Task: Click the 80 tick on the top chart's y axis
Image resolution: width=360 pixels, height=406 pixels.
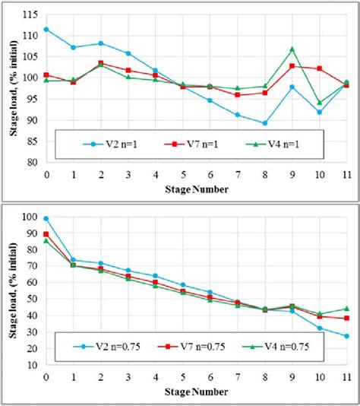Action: click(30, 162)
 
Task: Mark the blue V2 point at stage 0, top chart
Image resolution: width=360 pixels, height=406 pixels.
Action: click(46, 29)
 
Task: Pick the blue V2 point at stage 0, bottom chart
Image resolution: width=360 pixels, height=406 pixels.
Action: click(46, 218)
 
